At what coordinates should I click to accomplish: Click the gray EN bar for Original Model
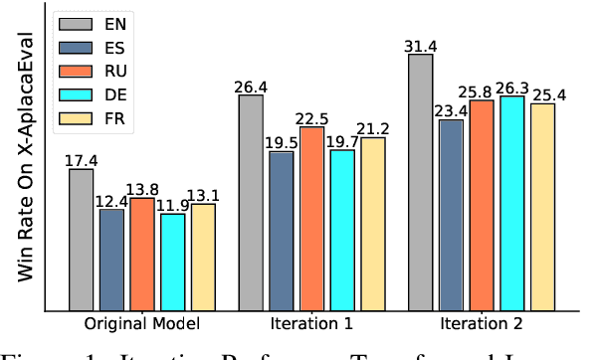tap(82, 239)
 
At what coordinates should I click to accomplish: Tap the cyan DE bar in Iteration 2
tap(512, 203)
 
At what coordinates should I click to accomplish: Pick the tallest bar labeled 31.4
tap(421, 181)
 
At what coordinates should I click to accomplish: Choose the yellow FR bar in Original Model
tap(203, 257)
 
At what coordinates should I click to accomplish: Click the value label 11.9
tap(173, 206)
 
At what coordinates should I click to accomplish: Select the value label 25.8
tap(482, 91)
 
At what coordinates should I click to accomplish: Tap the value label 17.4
tap(82, 160)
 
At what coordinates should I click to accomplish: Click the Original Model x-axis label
tap(142, 323)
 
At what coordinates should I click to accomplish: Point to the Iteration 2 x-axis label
tap(482, 323)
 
